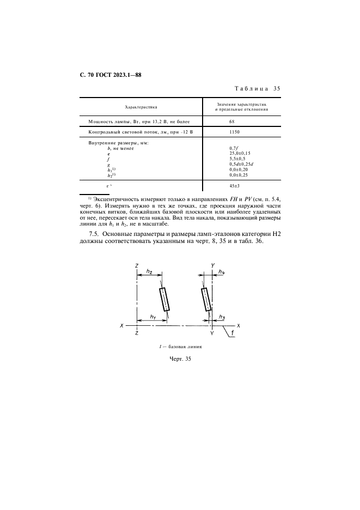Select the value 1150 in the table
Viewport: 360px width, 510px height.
click(235, 132)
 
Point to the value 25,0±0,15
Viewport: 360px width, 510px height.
click(240, 153)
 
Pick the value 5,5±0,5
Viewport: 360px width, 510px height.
click(237, 159)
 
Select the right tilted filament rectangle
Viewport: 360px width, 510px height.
click(206, 299)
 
